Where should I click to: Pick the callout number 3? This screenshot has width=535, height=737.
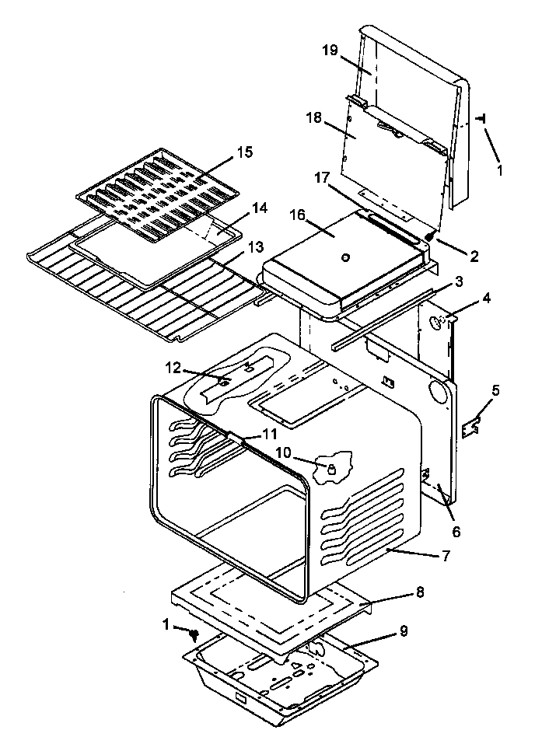tap(460, 280)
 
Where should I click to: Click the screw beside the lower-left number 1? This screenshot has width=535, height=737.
tap(193, 637)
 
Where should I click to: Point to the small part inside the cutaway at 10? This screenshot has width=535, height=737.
tap(330, 469)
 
